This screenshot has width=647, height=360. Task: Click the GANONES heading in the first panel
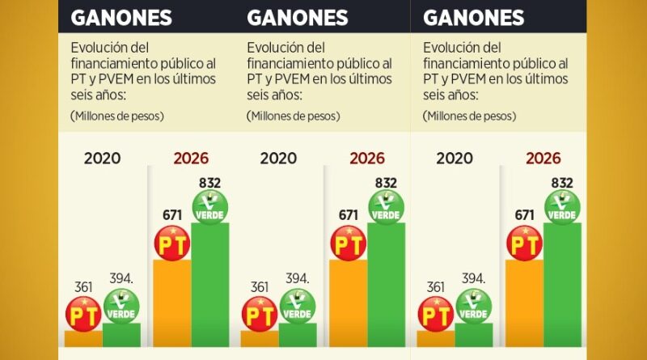click(x=121, y=17)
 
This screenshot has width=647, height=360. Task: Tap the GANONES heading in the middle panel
click(x=297, y=17)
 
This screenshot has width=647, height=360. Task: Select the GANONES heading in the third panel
click(x=473, y=17)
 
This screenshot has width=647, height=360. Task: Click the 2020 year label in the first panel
click(x=102, y=159)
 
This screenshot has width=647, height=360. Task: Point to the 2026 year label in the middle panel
click(x=366, y=159)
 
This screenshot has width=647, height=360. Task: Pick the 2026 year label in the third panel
click(x=543, y=159)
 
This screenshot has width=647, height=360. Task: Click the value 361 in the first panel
click(x=83, y=287)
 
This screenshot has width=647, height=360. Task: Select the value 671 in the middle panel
click(x=349, y=215)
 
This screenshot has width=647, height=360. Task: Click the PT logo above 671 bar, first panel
click(x=172, y=242)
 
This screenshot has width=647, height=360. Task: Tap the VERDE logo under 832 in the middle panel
click(x=386, y=207)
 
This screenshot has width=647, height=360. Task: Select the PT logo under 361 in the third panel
click(x=435, y=313)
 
